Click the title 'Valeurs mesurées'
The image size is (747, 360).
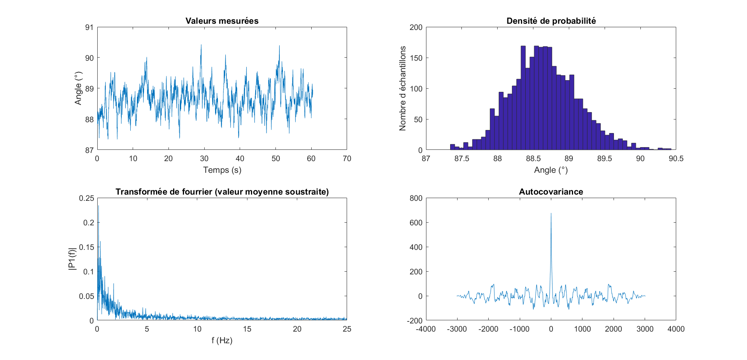pyautogui.click(x=222, y=21)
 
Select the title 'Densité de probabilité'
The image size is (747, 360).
pyautogui.click(x=551, y=21)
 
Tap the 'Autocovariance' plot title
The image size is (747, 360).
pyautogui.click(x=551, y=192)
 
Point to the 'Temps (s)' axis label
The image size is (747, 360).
pyautogui.click(x=222, y=170)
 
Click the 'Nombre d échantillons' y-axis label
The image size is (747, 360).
pyautogui.click(x=403, y=88)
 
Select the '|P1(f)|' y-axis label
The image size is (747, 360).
pyautogui.click(x=72, y=259)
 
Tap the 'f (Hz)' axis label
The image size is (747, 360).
pyautogui.click(x=222, y=341)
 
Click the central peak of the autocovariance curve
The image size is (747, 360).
pyautogui.click(x=551, y=214)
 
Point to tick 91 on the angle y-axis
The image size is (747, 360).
pyautogui.click(x=89, y=27)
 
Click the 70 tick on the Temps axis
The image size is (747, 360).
pyautogui.click(x=347, y=159)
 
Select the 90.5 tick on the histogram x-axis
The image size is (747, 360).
pyautogui.click(x=676, y=159)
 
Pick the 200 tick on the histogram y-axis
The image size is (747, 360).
pyautogui.click(x=416, y=27)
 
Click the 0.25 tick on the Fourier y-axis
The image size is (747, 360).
pyautogui.click(x=86, y=198)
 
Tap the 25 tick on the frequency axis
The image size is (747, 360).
pyautogui.click(x=347, y=329)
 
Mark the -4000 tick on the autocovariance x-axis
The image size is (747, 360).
pyautogui.click(x=426, y=329)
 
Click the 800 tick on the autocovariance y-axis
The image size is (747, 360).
pyautogui.click(x=416, y=198)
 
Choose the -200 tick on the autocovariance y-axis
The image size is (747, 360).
pyautogui.click(x=414, y=321)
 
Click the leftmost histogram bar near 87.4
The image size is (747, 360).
pyautogui.click(x=452, y=147)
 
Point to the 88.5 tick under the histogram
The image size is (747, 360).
pyautogui.click(x=533, y=159)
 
